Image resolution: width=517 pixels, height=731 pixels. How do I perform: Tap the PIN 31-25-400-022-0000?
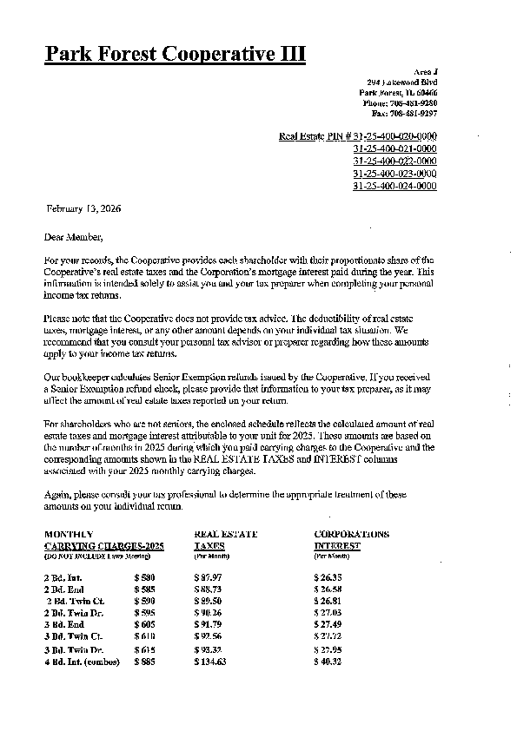pyautogui.click(x=394, y=161)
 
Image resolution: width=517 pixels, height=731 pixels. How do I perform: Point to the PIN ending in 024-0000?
pyautogui.click(x=394, y=186)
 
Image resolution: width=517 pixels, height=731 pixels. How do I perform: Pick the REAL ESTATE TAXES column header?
pyautogui.click(x=225, y=539)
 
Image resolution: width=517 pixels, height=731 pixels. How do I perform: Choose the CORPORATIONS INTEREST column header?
pyautogui.click(x=351, y=539)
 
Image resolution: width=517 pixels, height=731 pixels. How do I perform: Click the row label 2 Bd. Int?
pyautogui.click(x=63, y=576)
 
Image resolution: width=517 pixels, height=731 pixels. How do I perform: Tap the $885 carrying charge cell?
pyautogui.click(x=144, y=662)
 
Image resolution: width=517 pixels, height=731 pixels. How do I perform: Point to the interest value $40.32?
pyautogui.click(x=328, y=662)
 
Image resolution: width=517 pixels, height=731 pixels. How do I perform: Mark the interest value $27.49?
pyautogui.click(x=328, y=624)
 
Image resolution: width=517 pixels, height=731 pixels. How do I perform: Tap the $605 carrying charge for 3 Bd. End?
pyautogui.click(x=144, y=624)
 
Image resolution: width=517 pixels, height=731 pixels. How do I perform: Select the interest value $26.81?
pyautogui.click(x=328, y=600)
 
